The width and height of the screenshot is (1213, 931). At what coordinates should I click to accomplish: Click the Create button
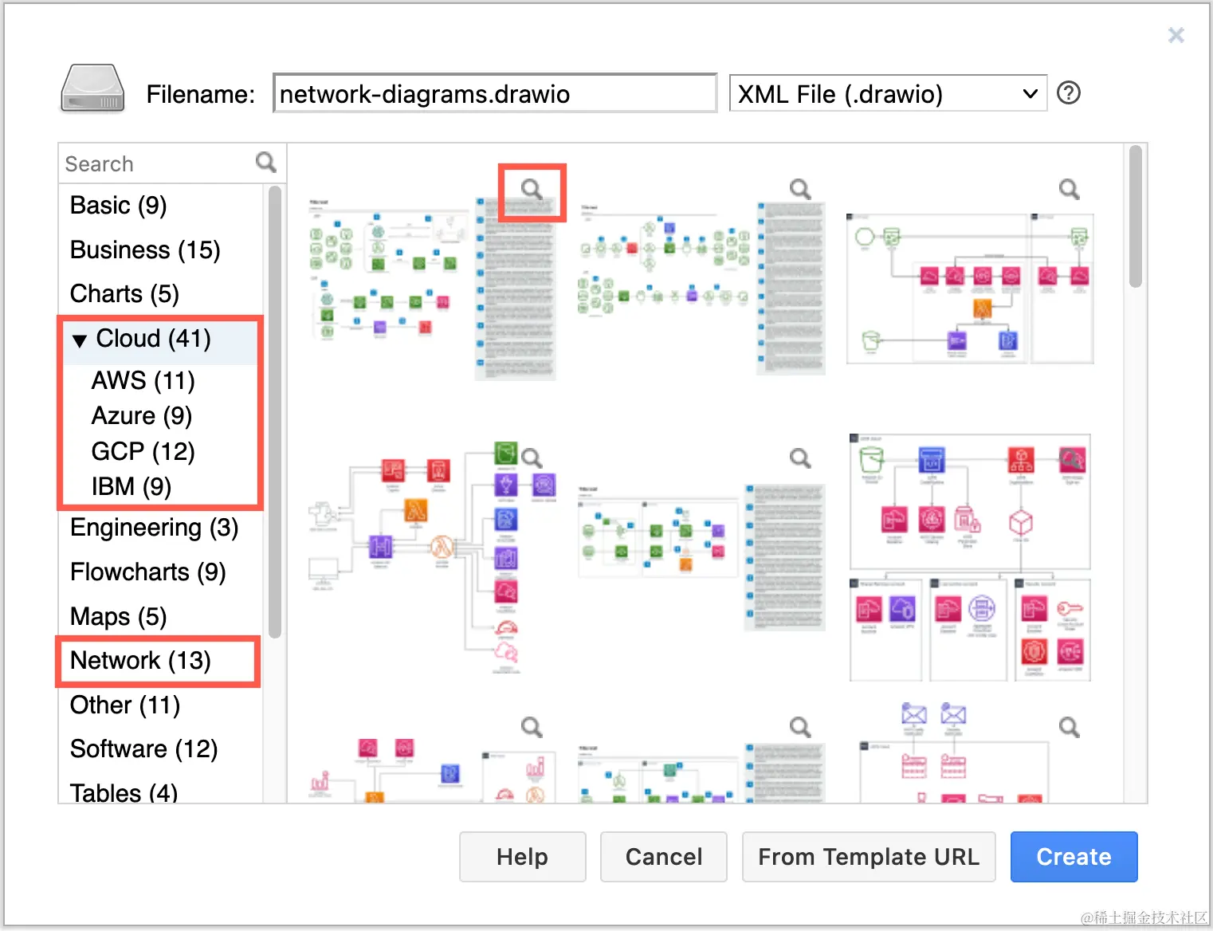pos(1073,857)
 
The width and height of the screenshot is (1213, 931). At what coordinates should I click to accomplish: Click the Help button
pos(522,857)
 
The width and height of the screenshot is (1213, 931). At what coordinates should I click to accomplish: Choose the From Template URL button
pos(868,857)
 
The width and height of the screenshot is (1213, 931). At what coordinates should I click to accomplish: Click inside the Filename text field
pos(494,94)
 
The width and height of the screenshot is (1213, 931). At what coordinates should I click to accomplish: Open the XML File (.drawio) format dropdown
pos(887,94)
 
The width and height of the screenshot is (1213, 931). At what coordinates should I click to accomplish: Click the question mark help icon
pos(1068,93)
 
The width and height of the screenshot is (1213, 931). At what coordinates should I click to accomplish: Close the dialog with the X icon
pos(1176,35)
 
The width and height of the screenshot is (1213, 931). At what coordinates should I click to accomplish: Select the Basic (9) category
pos(119,206)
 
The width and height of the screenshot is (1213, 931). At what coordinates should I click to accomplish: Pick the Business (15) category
pos(145,250)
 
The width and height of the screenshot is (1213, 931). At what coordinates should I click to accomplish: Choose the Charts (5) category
pos(124,294)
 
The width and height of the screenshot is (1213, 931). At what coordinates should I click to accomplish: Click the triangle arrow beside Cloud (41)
pos(79,340)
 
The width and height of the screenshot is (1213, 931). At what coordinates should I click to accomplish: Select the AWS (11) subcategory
pos(143,381)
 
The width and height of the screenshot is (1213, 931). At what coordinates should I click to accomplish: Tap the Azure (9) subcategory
pos(142,416)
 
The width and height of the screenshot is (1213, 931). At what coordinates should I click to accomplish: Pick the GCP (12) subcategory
pos(143,452)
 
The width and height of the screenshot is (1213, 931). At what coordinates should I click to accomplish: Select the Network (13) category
pos(140,661)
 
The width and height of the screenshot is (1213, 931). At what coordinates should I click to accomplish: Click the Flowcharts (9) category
pos(148,572)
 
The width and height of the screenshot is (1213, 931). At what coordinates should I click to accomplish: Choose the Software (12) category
pos(144,749)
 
